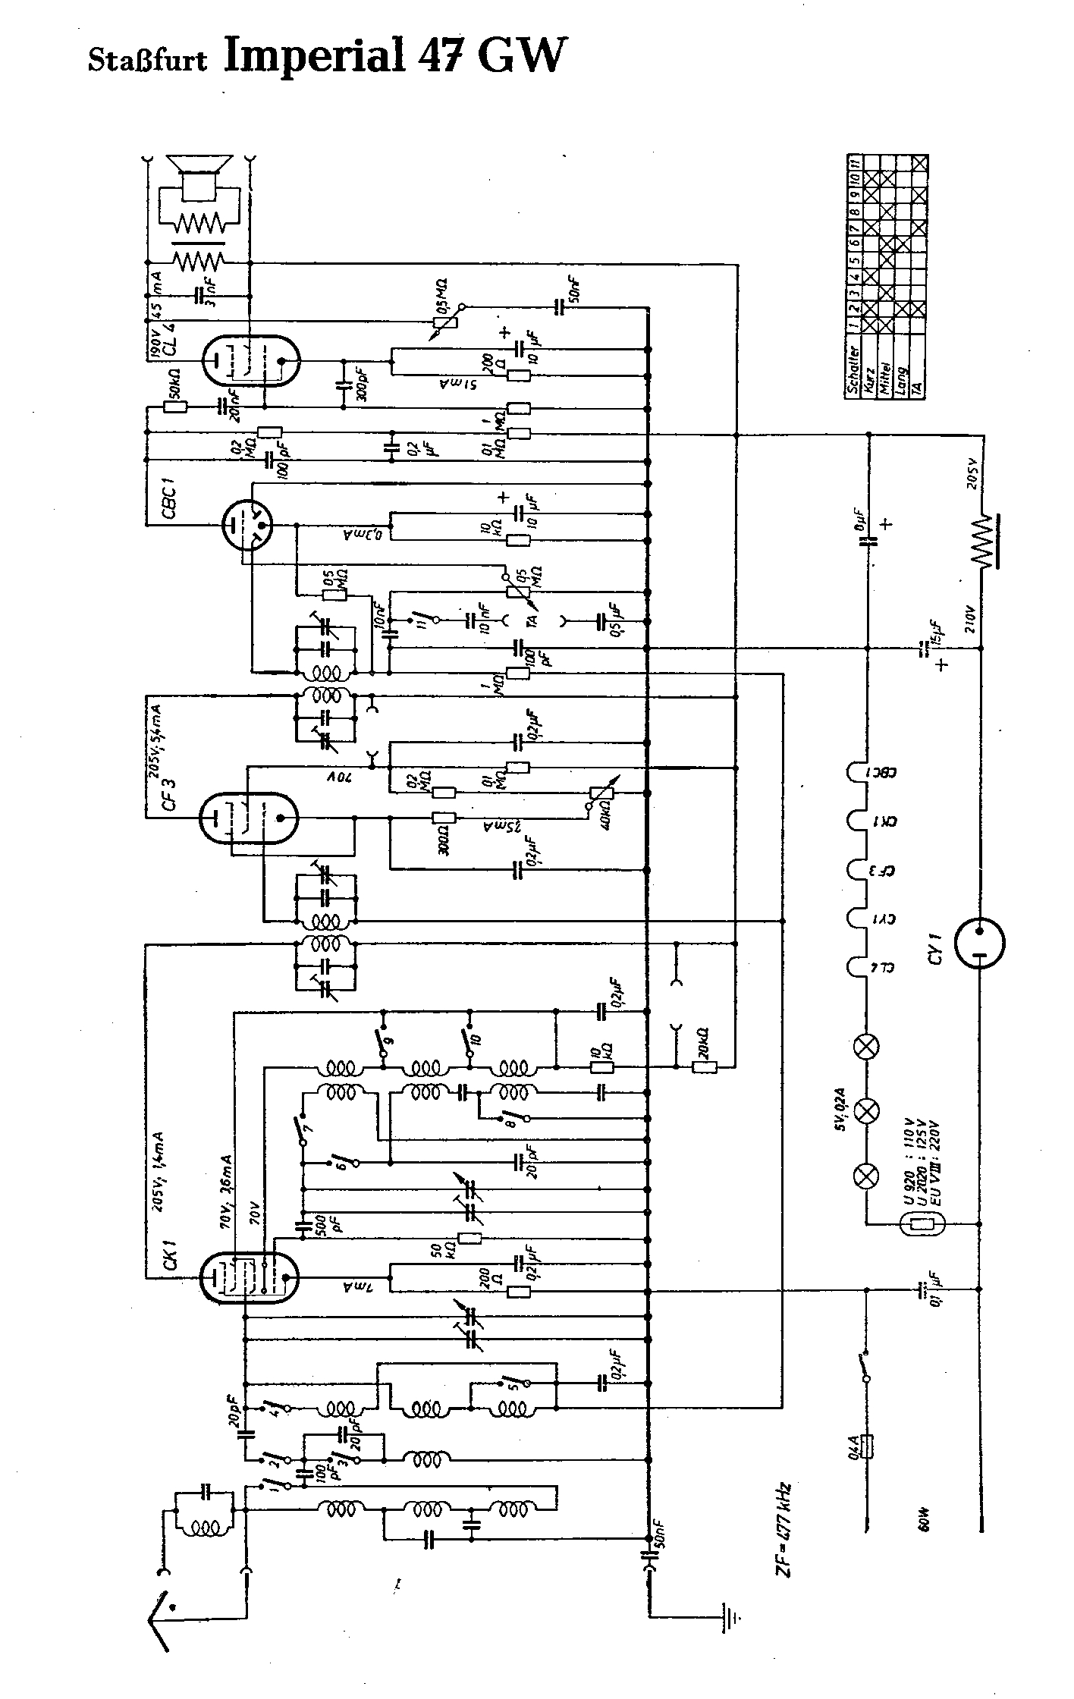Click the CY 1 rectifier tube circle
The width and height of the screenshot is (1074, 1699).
click(x=979, y=944)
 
